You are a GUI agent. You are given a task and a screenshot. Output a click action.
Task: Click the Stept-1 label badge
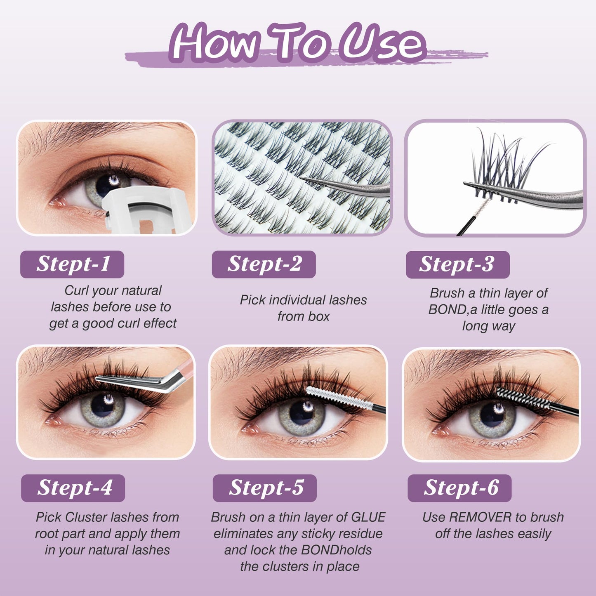coord(72,264)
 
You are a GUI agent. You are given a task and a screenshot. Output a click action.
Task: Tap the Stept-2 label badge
coord(264,264)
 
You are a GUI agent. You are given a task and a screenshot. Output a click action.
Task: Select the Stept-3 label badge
coord(458,264)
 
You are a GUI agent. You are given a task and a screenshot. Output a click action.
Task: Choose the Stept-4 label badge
coord(73,488)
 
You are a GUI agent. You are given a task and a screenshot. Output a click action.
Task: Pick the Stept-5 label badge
coord(265,488)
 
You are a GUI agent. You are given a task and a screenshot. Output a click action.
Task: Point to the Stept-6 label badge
coord(459,488)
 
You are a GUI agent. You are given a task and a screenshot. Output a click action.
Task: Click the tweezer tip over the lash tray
coord(302,179)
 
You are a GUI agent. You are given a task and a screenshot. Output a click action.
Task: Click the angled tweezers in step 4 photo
coord(145,378)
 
